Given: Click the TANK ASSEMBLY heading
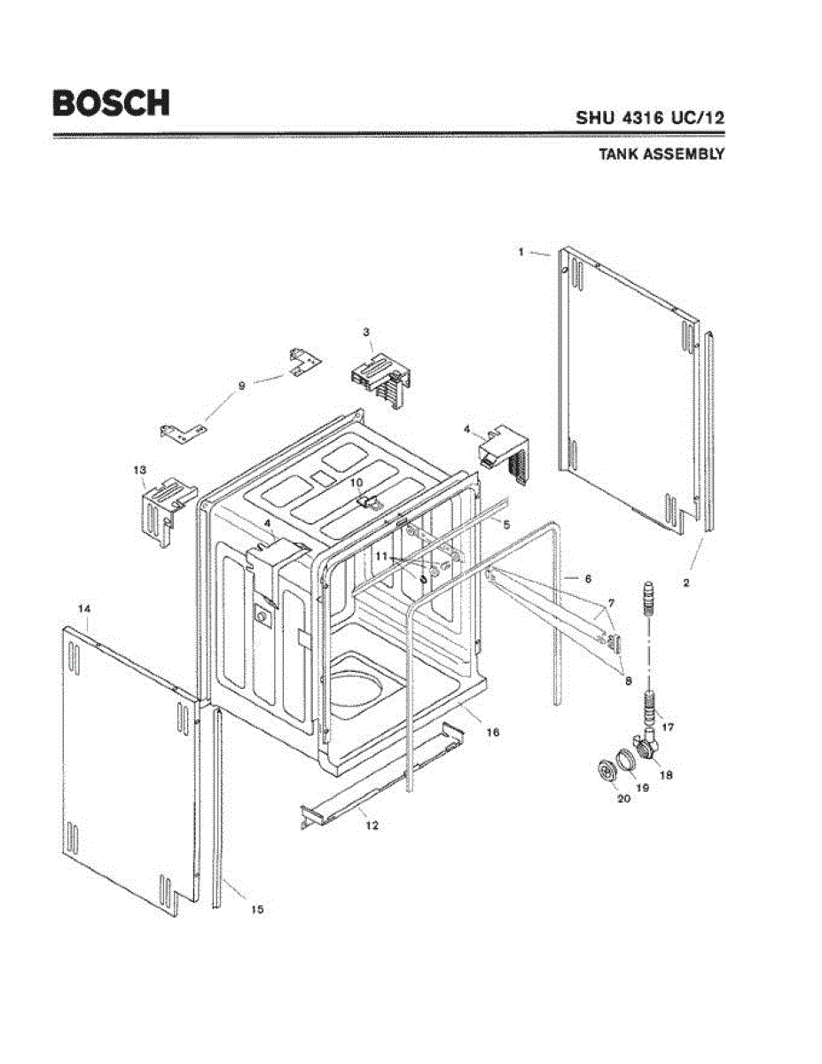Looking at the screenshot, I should tap(662, 153).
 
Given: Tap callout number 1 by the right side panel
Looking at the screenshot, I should tap(522, 252).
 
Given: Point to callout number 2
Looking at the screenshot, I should tap(686, 583).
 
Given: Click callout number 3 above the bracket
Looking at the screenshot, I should tap(366, 332).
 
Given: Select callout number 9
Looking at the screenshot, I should tap(240, 385).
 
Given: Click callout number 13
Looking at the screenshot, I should tap(140, 469).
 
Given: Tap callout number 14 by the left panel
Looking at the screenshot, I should tap(84, 608).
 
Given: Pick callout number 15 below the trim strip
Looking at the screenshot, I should tap(257, 909).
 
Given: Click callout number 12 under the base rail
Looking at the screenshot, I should tap(372, 825).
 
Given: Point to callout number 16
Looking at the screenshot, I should tap(493, 732).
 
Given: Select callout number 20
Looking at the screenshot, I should tap(622, 798).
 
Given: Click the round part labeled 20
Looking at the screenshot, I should tap(607, 772).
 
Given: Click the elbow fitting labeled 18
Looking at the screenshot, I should tap(649, 747).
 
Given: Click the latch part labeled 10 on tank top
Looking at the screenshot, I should tap(367, 501).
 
